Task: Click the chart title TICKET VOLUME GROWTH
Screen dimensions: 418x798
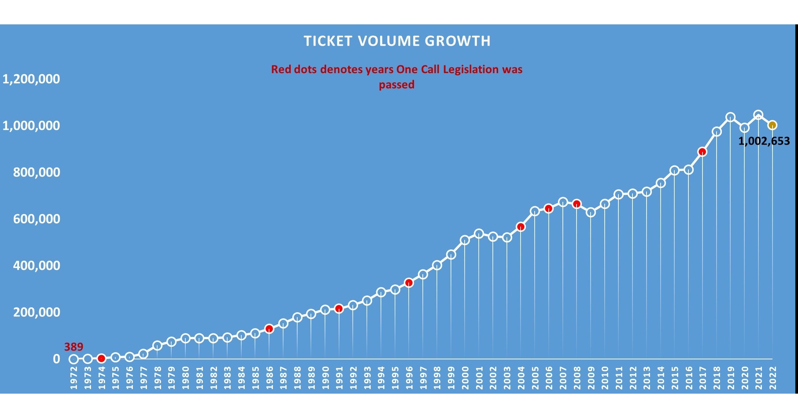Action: (x=397, y=41)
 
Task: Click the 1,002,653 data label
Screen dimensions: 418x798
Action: (x=764, y=141)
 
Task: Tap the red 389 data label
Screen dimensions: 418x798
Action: (x=73, y=347)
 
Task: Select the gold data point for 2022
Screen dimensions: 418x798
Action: (x=772, y=125)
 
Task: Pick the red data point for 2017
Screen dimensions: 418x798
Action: (x=702, y=152)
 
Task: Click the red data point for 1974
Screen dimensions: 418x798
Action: (x=101, y=358)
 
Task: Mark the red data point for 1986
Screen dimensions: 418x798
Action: (x=269, y=329)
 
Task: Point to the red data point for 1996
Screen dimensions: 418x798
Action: (x=409, y=283)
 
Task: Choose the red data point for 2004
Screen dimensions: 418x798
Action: (x=521, y=227)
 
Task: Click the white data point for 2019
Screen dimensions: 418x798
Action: (x=730, y=117)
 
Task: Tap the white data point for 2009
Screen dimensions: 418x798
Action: (x=591, y=212)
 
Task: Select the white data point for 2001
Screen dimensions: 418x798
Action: (x=479, y=234)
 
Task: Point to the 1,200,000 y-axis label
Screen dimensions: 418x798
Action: (x=31, y=79)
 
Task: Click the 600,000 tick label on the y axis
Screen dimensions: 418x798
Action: (x=37, y=219)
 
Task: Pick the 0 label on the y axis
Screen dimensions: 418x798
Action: (x=56, y=359)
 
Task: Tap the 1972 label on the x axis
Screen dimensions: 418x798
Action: (x=74, y=378)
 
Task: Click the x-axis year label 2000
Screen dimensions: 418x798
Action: (x=465, y=378)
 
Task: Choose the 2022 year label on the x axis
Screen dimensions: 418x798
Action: (x=773, y=378)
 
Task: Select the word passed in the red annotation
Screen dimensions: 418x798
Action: (x=397, y=85)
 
